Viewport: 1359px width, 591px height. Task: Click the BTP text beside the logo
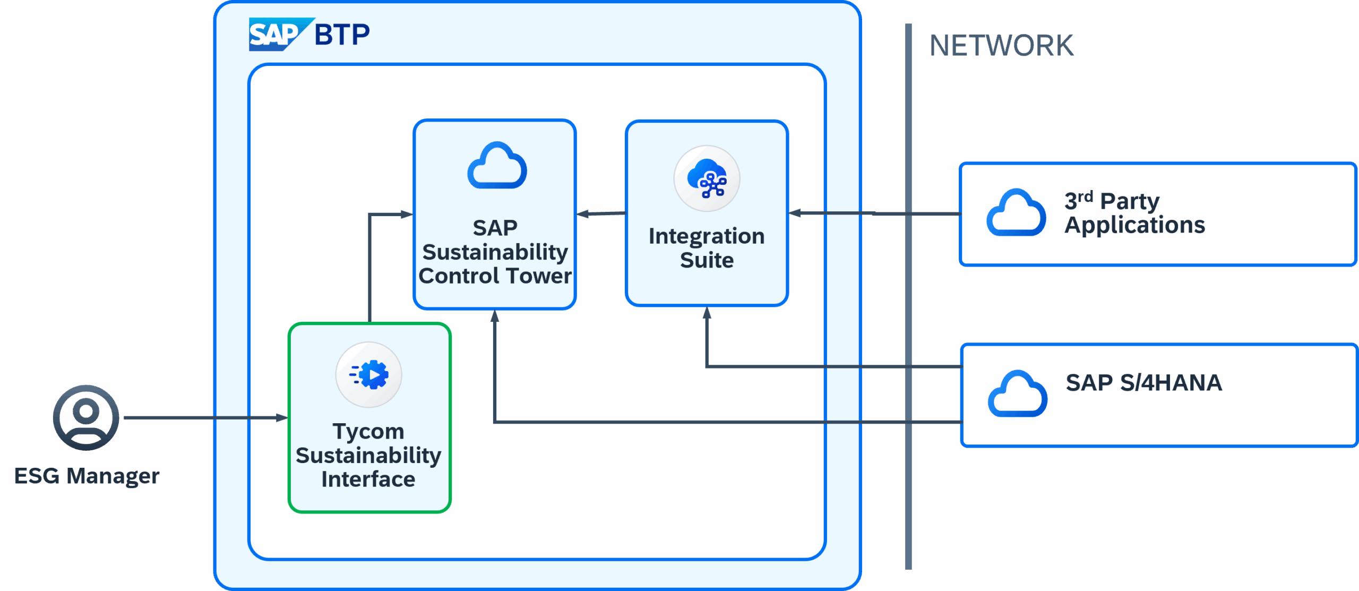pyautogui.click(x=342, y=35)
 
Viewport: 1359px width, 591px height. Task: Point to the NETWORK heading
pyautogui.click(x=1001, y=45)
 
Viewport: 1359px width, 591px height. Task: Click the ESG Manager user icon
pyautogui.click(x=86, y=417)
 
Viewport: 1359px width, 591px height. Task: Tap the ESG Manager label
pyautogui.click(x=87, y=476)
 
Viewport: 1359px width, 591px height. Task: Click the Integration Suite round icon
pyautogui.click(x=707, y=179)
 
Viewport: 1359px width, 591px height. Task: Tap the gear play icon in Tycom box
pyautogui.click(x=369, y=375)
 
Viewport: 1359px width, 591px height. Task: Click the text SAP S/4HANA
pyautogui.click(x=1143, y=383)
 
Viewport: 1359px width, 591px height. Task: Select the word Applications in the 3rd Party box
pyautogui.click(x=1134, y=225)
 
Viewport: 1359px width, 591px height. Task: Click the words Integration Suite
pyautogui.click(x=707, y=248)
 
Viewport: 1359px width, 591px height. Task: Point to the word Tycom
pyautogui.click(x=368, y=431)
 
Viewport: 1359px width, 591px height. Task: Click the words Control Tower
pyautogui.click(x=495, y=276)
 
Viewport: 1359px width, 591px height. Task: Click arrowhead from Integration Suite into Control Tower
pyautogui.click(x=583, y=214)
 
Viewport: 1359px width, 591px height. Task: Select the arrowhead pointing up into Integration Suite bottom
pyautogui.click(x=707, y=313)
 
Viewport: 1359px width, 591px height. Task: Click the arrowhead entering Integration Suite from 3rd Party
pyautogui.click(x=795, y=213)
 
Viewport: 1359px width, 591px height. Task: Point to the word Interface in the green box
pyautogui.click(x=368, y=479)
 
